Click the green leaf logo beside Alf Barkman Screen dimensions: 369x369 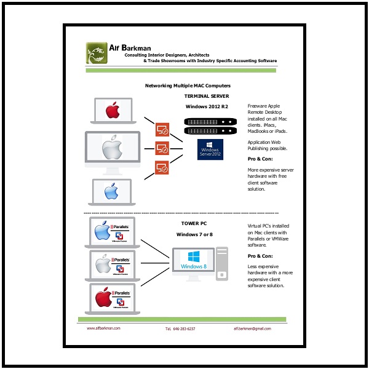[96, 52]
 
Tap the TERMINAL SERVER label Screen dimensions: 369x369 [207, 97]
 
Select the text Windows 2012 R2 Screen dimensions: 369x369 [207, 108]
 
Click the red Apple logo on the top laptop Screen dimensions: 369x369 [111, 111]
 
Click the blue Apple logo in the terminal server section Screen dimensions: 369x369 [111, 191]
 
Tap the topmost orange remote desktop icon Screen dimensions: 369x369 [162, 129]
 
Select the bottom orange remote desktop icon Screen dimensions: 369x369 [162, 167]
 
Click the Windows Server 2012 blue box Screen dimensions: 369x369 [210, 150]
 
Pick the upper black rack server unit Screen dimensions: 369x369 [210, 122]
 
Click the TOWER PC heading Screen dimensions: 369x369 [194, 224]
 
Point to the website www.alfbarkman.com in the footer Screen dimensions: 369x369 [103, 328]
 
